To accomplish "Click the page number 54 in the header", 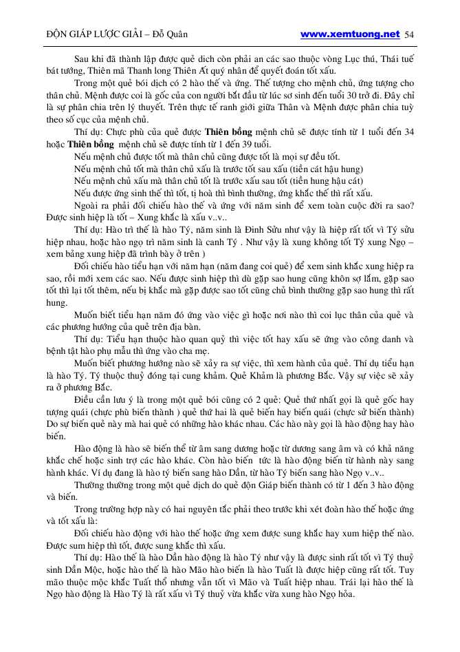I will pos(409,34).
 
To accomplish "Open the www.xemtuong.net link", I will pos(350,34).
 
